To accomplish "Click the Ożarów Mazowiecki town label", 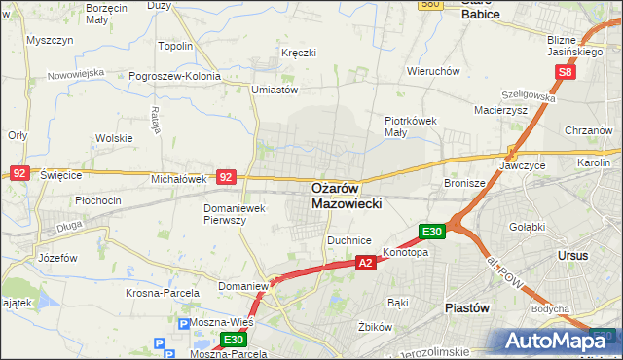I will (347, 196).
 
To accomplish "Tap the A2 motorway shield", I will (365, 263).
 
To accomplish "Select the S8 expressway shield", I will (567, 73).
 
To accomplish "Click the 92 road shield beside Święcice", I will (19, 173).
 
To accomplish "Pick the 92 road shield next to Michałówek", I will (226, 178).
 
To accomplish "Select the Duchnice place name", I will (350, 238).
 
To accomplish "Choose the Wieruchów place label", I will (433, 71).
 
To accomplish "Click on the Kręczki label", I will (299, 53).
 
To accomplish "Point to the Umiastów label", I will (274, 90).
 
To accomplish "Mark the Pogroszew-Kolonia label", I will (185, 74).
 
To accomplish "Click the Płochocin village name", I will (97, 201).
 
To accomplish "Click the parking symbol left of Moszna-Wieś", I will (185, 322).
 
